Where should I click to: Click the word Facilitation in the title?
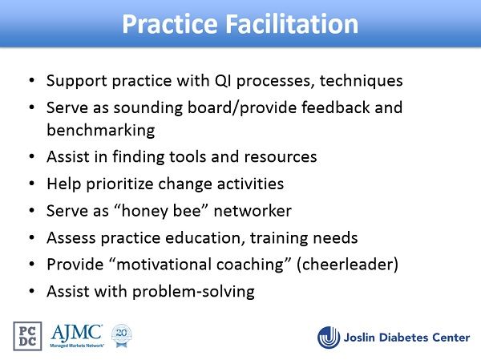(x=292, y=23)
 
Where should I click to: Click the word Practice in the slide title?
(x=170, y=23)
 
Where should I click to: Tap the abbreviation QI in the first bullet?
(x=223, y=81)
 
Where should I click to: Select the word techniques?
(x=361, y=81)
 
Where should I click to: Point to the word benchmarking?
(x=101, y=130)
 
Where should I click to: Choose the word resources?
(x=281, y=157)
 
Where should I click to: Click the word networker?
(x=253, y=211)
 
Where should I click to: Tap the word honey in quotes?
(x=144, y=212)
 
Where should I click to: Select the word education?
(x=205, y=238)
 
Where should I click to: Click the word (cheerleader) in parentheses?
(x=348, y=265)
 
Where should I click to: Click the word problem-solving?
(x=193, y=292)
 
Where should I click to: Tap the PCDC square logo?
(x=27, y=336)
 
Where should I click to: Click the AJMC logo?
(x=76, y=336)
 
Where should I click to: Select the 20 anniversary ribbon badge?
(x=122, y=336)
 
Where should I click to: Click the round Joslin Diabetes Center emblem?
(x=329, y=338)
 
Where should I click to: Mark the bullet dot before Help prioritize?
(x=32, y=184)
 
